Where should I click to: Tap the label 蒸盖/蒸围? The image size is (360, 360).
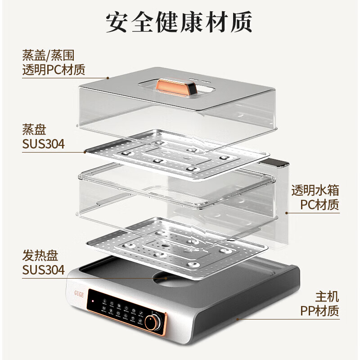tap(48, 56)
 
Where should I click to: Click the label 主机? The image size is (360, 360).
tap(328, 297)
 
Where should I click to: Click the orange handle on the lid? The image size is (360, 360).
tap(172, 86)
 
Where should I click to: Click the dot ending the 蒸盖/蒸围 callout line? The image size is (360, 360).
tap(108, 78)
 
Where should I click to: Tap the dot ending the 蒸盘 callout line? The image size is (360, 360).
tap(85, 152)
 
